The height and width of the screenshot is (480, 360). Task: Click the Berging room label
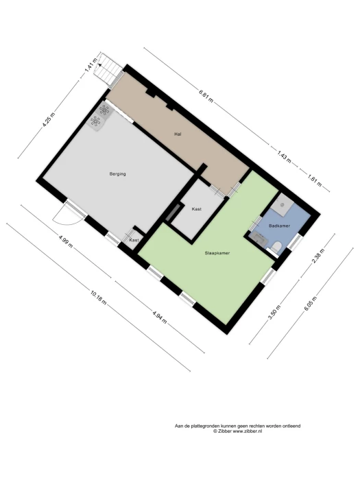point(117,174)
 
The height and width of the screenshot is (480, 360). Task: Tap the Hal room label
point(178,134)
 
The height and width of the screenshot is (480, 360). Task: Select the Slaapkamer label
point(217,253)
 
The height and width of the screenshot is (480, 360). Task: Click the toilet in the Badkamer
point(276,246)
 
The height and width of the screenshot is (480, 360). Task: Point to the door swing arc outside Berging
point(67,218)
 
